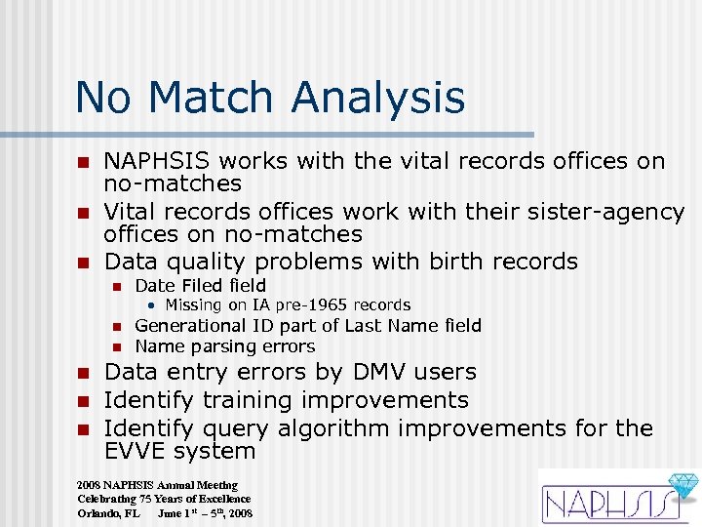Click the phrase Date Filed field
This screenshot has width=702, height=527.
point(200,285)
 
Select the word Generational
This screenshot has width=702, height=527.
point(192,326)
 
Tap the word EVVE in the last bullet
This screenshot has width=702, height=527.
point(135,451)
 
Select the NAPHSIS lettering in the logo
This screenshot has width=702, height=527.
point(604,505)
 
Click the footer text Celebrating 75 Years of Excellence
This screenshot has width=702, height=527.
point(164,499)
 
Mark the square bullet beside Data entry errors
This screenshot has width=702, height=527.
point(84,372)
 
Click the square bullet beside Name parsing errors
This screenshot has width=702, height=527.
point(114,347)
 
